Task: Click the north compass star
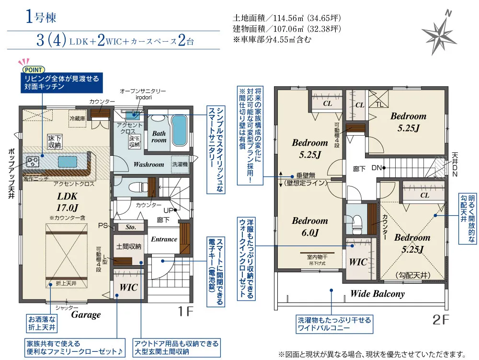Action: point(439,34)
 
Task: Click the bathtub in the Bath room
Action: point(180,131)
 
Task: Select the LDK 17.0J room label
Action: point(67,202)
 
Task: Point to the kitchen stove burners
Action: point(32,161)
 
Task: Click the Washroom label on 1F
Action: point(149,164)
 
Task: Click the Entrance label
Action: point(164,239)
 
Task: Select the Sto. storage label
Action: point(131,227)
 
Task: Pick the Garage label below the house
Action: point(86,314)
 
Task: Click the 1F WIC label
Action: point(128,287)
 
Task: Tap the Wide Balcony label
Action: point(377,294)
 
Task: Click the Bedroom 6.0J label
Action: point(310,226)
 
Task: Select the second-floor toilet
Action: point(356,222)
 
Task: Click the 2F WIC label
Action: point(358,262)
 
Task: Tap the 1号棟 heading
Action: point(41,17)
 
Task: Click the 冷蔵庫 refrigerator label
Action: point(77,118)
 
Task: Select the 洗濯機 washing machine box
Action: point(180,164)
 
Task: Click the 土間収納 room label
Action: point(128,246)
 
